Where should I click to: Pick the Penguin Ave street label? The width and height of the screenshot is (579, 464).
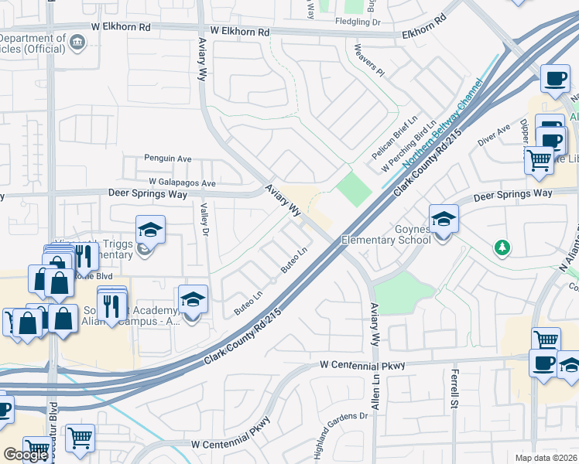pyautogui.click(x=168, y=159)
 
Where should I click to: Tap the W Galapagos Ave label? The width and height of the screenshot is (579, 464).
pyautogui.click(x=182, y=183)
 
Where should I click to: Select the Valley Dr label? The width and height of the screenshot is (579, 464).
pyautogui.click(x=205, y=220)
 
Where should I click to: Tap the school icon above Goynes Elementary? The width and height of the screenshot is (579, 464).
pyautogui.click(x=444, y=219)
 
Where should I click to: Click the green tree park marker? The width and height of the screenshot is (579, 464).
pyautogui.click(x=503, y=247)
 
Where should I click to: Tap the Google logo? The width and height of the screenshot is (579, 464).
pyautogui.click(x=26, y=455)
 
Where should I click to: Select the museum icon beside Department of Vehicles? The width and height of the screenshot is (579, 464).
pyautogui.click(x=77, y=42)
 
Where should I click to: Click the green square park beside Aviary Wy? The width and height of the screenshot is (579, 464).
pyautogui.click(x=353, y=189)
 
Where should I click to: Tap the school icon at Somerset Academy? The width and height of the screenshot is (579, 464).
pyautogui.click(x=193, y=300)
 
